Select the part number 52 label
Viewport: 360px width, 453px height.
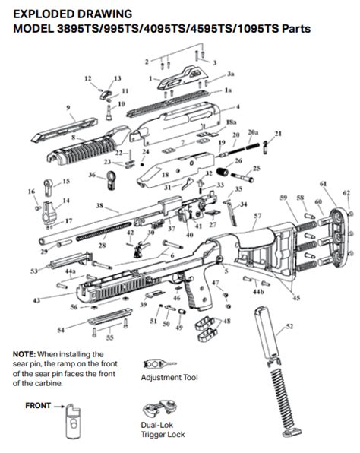(x=289, y=326)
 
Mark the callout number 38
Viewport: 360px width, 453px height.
(x=99, y=206)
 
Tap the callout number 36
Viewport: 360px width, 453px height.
(x=92, y=175)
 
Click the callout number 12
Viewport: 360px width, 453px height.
(x=87, y=78)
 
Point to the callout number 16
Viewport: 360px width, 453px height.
(x=31, y=192)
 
